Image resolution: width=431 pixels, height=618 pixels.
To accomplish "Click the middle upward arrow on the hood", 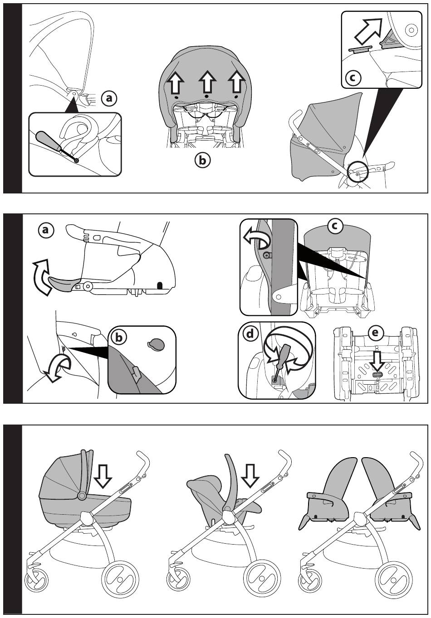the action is [x=207, y=82].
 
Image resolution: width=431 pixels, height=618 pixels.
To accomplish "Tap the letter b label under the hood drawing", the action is [x=202, y=160].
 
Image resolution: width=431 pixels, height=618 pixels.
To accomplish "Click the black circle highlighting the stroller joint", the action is [x=358, y=172].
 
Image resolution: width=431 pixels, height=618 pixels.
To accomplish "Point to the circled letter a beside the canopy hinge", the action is [x=109, y=98].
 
